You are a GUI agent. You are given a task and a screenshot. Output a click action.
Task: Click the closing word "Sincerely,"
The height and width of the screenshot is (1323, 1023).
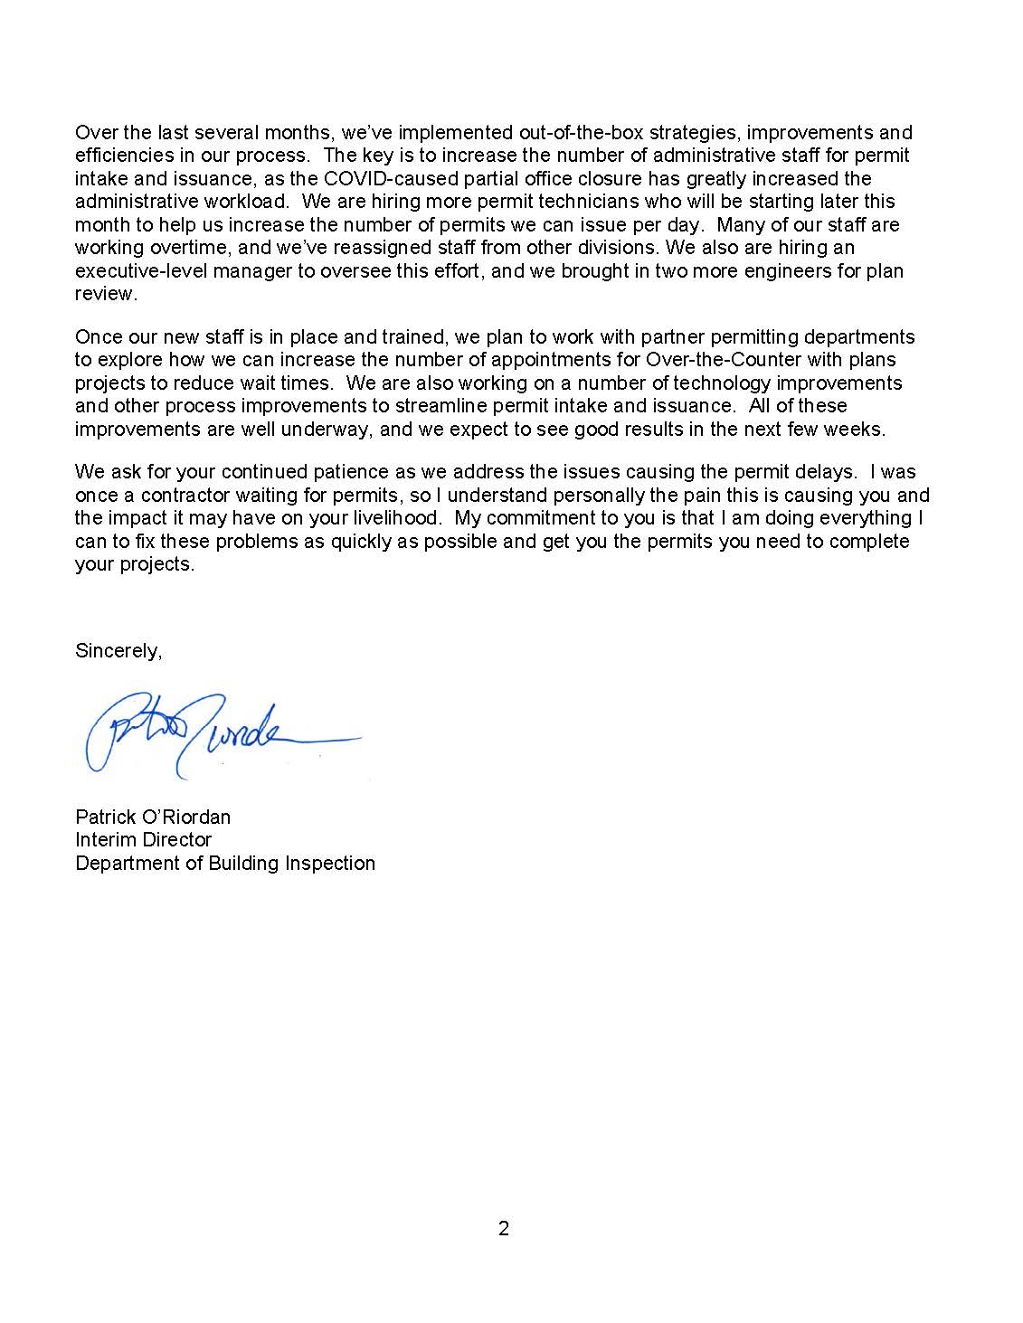pos(118,651)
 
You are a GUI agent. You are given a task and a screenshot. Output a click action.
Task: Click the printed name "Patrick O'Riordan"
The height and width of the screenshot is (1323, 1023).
pos(153,817)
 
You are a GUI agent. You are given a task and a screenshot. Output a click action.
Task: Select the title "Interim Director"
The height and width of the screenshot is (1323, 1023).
pos(144,839)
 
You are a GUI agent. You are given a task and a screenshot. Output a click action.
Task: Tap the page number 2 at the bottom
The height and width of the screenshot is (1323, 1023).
pos(504,1228)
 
